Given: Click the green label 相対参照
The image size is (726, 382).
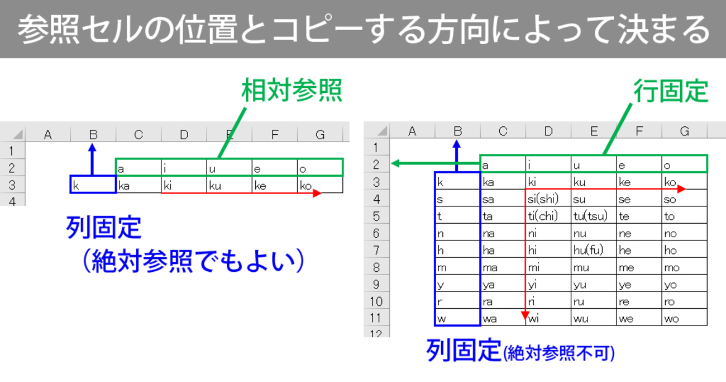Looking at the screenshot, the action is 292,90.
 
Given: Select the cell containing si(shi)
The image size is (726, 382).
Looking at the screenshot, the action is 548,198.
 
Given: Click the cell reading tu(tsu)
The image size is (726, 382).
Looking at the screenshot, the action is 594,215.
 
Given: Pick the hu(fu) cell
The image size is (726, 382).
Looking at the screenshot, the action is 594,249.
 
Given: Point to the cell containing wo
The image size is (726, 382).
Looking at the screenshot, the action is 684,318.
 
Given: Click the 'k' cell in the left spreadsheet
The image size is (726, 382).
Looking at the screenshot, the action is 93,185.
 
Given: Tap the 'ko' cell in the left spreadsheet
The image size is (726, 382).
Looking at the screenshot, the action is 320,185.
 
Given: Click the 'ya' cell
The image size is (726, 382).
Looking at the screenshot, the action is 503,284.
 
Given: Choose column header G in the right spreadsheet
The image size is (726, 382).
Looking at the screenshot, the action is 684,131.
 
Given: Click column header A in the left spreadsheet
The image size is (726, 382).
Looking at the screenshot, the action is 47,134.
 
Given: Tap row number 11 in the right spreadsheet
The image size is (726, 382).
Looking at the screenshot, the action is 376,318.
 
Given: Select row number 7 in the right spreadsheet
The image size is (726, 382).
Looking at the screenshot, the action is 376,250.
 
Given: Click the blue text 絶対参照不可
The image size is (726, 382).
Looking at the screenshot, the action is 558,353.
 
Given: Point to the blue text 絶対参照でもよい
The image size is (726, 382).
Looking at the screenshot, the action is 193,261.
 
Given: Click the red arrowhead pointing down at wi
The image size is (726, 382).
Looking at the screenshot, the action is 526,315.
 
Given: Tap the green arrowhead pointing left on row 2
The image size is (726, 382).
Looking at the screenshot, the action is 396,163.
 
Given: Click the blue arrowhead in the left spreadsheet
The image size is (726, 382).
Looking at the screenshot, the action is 93,148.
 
